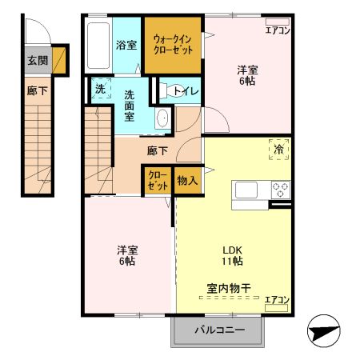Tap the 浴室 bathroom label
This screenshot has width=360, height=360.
(126, 46)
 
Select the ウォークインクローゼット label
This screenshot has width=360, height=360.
(173, 44)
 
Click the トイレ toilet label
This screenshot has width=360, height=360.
(186, 90)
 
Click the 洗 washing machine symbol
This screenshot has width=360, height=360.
(100, 90)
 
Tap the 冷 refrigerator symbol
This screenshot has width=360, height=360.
(279, 149)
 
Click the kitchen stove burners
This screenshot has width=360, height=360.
(281, 190)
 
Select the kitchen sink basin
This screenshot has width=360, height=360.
(245, 190)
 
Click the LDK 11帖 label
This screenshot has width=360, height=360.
(232, 255)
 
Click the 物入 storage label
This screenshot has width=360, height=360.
(186, 182)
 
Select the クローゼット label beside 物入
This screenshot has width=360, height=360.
(156, 181)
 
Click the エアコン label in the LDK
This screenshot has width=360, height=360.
(276, 299)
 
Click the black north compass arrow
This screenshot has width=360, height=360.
(323, 330)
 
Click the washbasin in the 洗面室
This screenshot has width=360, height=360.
(162, 119)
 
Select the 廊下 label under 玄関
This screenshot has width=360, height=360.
(37, 90)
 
